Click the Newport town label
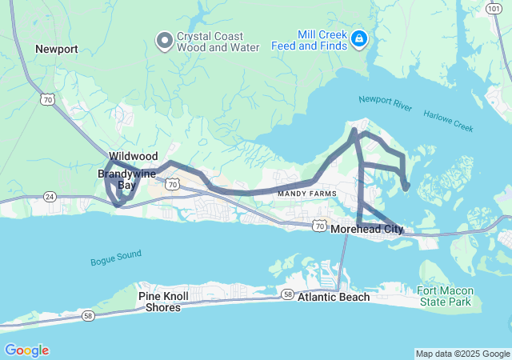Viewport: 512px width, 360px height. (56, 49)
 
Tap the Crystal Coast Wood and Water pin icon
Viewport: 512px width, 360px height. (165, 39)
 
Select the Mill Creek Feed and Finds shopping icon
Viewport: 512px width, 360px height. (360, 38)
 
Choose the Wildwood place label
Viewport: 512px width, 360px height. (134, 156)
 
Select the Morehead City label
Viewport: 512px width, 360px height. (367, 229)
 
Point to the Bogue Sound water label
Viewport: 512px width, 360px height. (115, 258)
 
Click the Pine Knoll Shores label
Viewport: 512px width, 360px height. (166, 302)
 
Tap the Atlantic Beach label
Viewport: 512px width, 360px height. (334, 297)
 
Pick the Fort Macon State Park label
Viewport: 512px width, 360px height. (445, 296)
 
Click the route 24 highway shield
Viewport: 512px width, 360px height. (49, 196)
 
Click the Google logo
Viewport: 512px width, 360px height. (26, 350)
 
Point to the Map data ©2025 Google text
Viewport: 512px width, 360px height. (462, 354)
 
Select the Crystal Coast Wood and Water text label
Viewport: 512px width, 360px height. (218, 42)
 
